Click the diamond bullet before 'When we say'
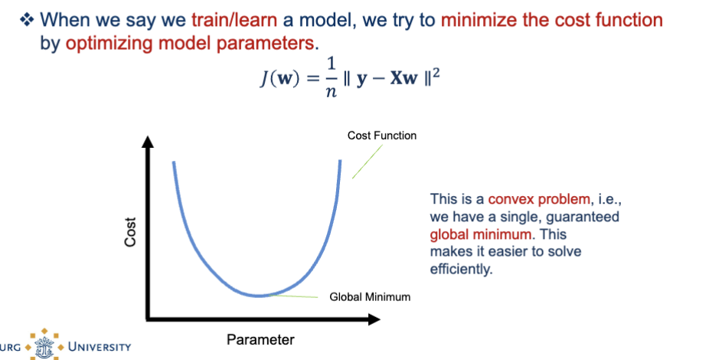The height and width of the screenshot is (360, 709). [x=27, y=19]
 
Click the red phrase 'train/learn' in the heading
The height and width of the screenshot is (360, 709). [x=234, y=20]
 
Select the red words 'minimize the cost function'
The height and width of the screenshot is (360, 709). [x=551, y=20]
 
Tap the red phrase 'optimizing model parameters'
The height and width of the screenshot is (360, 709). [x=189, y=43]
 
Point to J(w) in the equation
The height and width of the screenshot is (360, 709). [x=279, y=78]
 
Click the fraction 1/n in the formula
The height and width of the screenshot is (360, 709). [x=332, y=78]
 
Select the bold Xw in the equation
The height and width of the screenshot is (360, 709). [x=404, y=78]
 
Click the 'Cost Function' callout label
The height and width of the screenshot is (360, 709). [x=382, y=136]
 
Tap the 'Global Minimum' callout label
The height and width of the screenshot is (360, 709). [x=370, y=297]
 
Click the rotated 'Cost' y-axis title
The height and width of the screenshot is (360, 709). [x=129, y=232]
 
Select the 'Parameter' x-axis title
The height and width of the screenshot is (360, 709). [x=260, y=339]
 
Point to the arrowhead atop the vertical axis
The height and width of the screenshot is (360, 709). [x=148, y=141]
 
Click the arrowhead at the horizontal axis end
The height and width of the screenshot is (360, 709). [x=374, y=319]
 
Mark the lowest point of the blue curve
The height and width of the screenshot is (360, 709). [x=258, y=296]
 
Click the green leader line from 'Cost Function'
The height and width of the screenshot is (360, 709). [x=368, y=162]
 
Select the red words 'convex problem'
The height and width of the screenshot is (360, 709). [x=539, y=199]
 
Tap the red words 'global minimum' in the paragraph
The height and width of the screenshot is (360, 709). [x=481, y=234]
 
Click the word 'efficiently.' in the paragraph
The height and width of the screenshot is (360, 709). [x=461, y=269]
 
